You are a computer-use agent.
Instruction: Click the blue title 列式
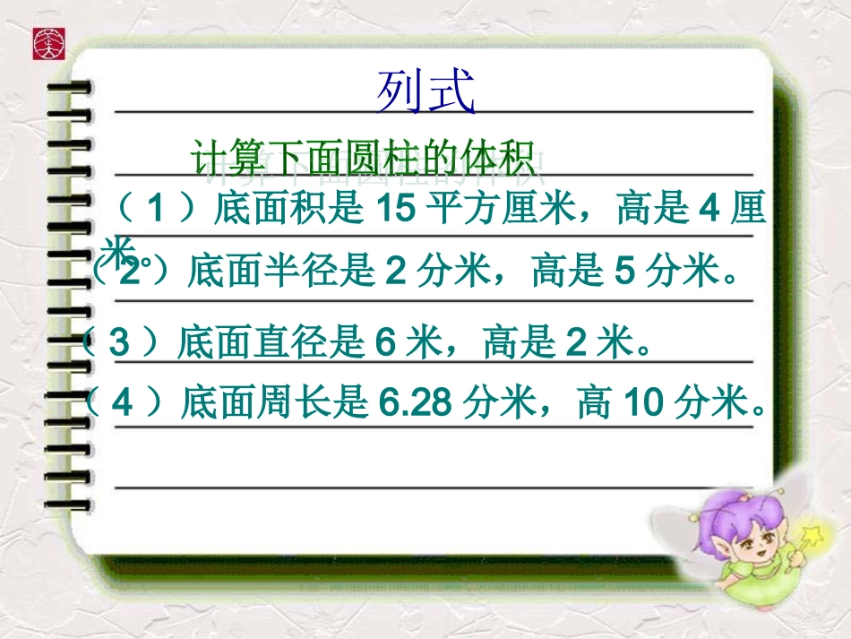click(x=425, y=93)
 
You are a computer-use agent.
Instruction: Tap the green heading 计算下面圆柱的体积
click(x=367, y=159)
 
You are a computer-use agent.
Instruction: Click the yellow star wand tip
click(x=815, y=537)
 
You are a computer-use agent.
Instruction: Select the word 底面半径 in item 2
click(x=251, y=272)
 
